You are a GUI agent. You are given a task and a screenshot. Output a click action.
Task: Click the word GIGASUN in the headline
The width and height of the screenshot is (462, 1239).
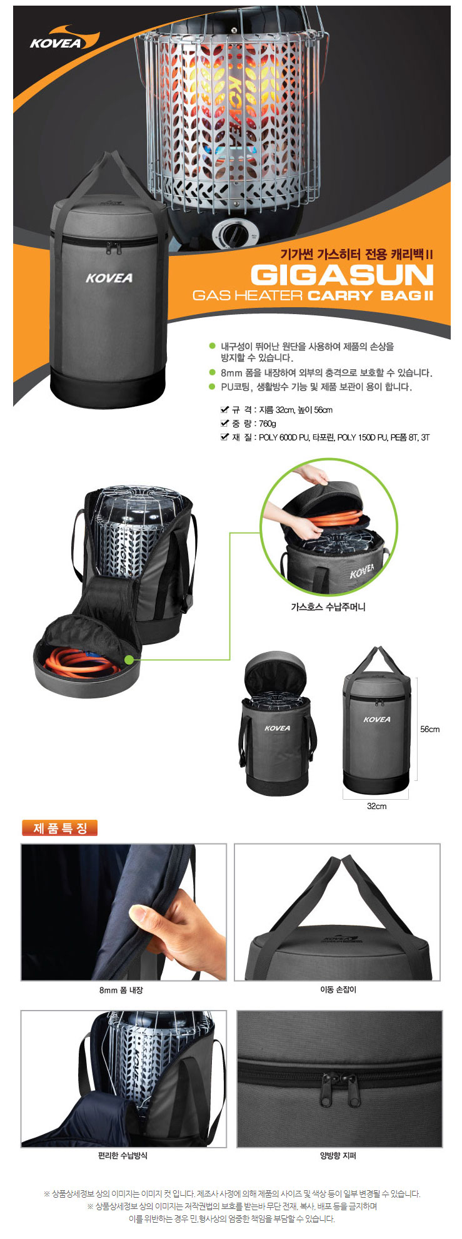click(x=342, y=275)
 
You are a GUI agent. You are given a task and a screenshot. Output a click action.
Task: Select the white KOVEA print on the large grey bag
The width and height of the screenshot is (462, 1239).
click(x=109, y=278)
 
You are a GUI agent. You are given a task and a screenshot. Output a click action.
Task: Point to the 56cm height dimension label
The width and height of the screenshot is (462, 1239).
click(x=429, y=729)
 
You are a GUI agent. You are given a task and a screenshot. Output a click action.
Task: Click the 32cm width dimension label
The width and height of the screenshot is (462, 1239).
click(x=376, y=806)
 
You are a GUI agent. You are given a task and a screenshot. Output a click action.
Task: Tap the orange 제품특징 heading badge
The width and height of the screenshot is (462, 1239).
click(x=59, y=828)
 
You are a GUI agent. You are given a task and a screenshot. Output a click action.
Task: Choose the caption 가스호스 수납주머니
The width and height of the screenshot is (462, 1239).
click(x=328, y=606)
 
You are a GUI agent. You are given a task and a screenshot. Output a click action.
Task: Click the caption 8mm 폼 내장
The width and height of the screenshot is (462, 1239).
click(x=121, y=990)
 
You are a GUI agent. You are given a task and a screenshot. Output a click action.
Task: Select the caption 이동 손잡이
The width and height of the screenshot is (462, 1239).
click(x=338, y=989)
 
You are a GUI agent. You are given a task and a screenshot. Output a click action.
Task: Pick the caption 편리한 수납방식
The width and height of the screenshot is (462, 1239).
click(x=123, y=1155)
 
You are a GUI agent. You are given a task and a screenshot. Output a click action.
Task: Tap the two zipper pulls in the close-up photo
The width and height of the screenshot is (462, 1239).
click(x=339, y=1088)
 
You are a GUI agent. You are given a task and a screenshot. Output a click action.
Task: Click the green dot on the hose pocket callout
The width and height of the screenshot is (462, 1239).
click(x=129, y=659)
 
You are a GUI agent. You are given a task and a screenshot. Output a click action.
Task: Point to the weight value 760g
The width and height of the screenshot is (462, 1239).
click(x=268, y=424)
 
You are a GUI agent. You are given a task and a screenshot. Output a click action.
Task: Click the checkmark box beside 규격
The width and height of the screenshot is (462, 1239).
click(x=224, y=410)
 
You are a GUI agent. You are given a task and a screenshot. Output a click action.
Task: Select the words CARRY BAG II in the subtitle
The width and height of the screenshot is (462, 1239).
click(x=371, y=295)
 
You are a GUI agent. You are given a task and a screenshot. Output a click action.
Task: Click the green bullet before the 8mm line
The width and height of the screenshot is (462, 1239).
click(x=212, y=373)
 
